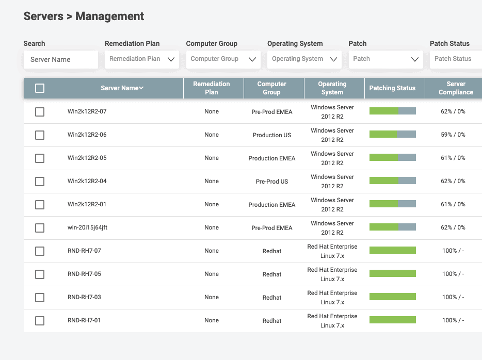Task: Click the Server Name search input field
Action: point(60,59)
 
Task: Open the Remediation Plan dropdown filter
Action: point(142,59)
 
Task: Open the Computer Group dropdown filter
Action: point(223,59)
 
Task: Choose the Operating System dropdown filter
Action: point(304,59)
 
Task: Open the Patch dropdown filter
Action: point(385,59)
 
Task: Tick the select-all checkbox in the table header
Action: point(40,88)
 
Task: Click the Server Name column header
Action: point(122,88)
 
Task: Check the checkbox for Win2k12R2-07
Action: point(40,112)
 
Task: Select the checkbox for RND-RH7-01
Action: point(40,321)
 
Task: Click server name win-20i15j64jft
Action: point(88,227)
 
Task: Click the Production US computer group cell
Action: point(272,135)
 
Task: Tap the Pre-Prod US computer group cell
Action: point(272,182)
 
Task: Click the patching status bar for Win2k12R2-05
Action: point(392,158)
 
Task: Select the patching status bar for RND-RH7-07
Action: point(392,251)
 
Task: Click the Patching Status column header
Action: point(392,88)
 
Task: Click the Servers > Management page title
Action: point(84,17)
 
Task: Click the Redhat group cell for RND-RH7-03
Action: point(272,298)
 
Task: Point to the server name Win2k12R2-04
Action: point(87,181)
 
